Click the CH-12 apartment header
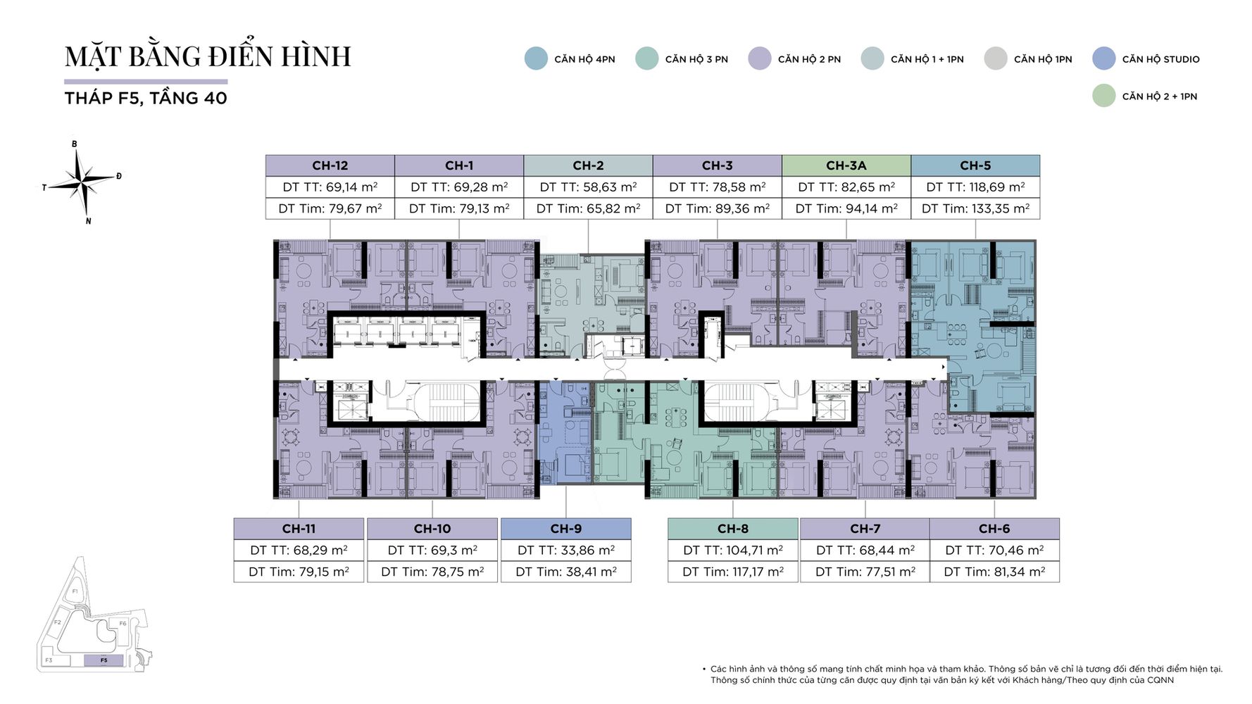coord(330,165)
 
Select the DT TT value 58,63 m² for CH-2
coord(589,187)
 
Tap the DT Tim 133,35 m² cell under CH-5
coord(975,208)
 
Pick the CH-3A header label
coord(846,165)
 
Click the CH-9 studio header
coord(566,529)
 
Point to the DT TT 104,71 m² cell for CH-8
coord(733,550)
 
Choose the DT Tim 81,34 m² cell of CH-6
coord(994,572)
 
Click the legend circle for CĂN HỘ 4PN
coord(536,58)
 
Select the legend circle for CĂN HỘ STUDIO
coord(1104,58)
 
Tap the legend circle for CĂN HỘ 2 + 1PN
coord(1104,96)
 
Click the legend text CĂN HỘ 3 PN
coord(696,59)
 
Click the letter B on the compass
coord(74,144)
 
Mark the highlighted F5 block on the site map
coord(104,660)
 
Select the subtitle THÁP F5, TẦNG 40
coord(146,98)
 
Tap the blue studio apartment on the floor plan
coord(565,433)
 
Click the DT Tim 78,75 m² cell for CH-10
coord(432,572)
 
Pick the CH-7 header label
coord(865,529)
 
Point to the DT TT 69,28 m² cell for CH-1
coord(459,187)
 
